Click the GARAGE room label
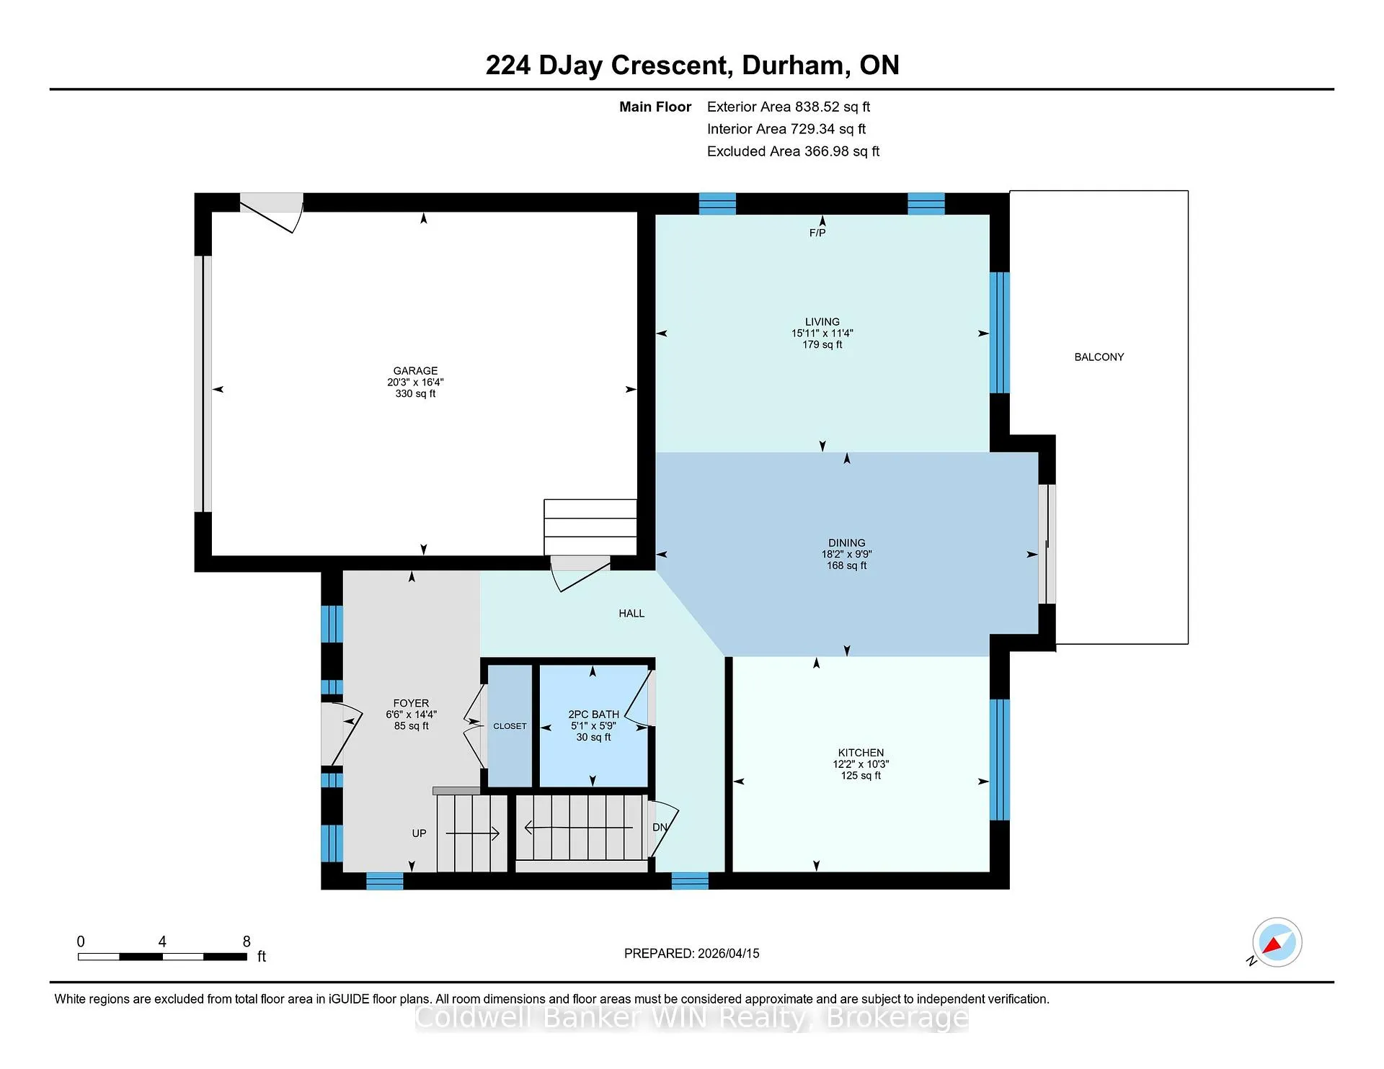(x=415, y=371)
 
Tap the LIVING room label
(x=822, y=322)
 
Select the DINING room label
(x=847, y=543)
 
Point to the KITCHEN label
(x=861, y=753)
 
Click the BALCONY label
(x=1099, y=357)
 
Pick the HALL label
(x=631, y=614)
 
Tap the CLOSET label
(x=510, y=726)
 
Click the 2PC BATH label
(x=593, y=715)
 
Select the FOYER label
(x=411, y=703)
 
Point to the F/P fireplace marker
(x=817, y=233)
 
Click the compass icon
(x=1277, y=942)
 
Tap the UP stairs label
(x=419, y=833)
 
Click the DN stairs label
(x=660, y=828)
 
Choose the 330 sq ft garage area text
(x=415, y=394)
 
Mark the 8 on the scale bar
(x=247, y=941)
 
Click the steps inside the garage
(x=590, y=527)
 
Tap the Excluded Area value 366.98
(x=827, y=151)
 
